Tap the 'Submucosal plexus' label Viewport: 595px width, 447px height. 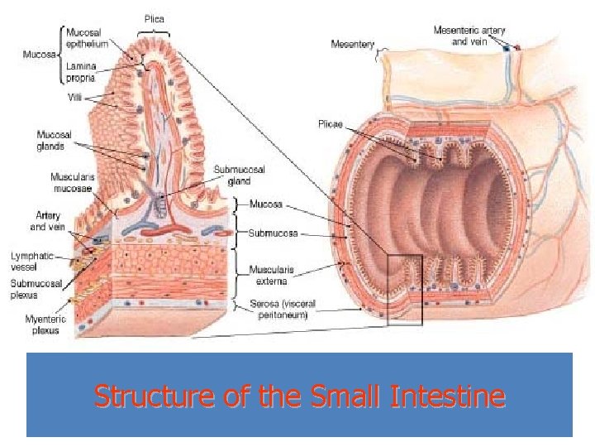click(35, 289)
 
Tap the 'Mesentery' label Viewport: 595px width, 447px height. click(353, 43)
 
